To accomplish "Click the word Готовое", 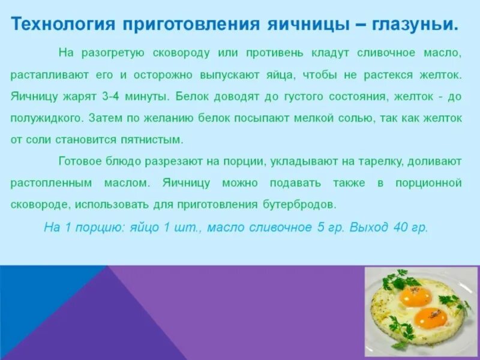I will (x=79, y=161).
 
